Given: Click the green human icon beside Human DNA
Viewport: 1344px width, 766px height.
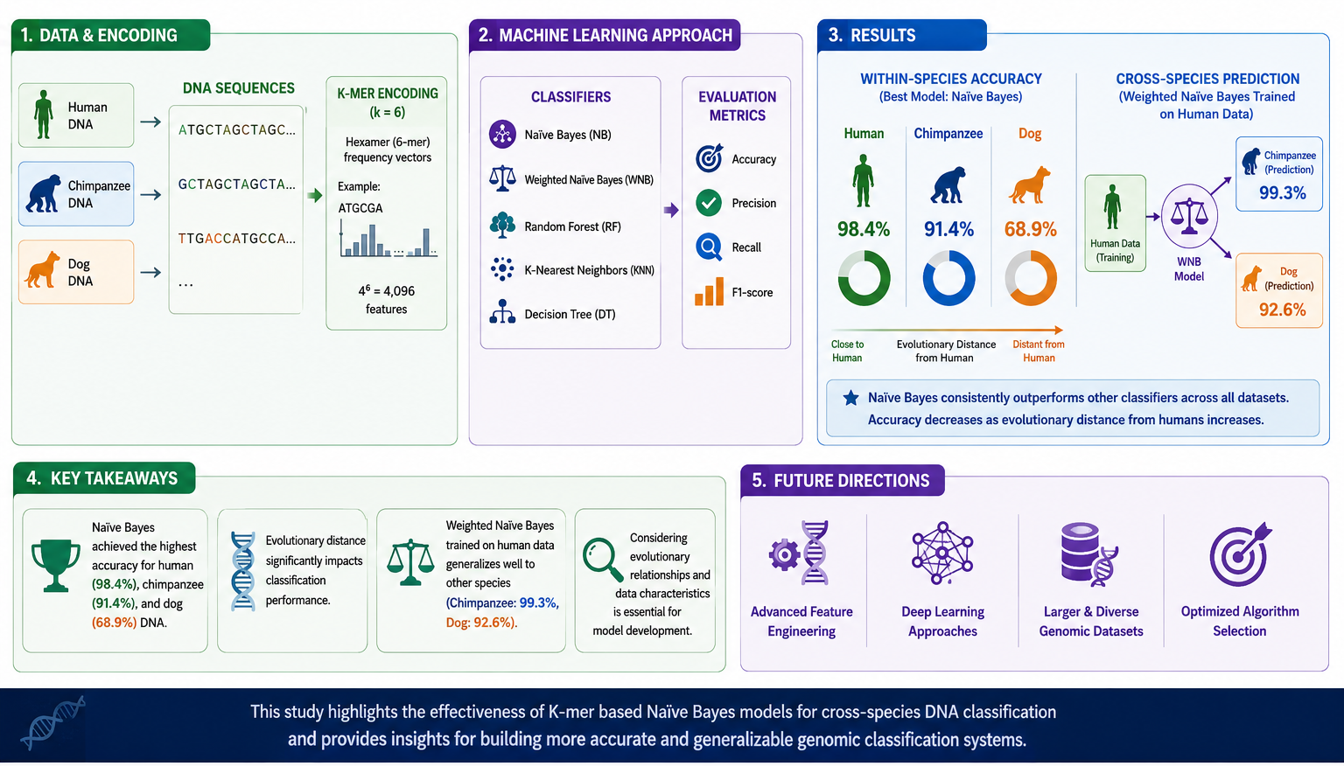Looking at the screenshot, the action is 43,115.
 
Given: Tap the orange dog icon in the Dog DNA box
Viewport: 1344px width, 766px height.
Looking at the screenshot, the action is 42,270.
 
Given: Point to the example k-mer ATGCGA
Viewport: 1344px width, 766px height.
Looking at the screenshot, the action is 360,208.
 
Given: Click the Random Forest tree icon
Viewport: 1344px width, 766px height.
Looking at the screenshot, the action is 502,226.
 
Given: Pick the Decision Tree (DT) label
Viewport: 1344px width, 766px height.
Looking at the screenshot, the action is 570,314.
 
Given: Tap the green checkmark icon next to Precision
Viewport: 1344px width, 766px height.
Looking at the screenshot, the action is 709,203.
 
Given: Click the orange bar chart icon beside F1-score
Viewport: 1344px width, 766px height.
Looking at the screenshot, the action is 710,292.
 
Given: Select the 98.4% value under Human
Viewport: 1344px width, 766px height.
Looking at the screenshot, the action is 864,229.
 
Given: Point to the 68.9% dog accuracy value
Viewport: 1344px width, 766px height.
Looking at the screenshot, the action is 1030,229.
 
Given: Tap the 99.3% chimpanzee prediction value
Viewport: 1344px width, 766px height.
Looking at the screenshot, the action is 1282,193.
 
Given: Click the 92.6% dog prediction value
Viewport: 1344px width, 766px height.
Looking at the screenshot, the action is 1282,310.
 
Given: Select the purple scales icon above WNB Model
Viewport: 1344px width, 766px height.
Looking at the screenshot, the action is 1188,216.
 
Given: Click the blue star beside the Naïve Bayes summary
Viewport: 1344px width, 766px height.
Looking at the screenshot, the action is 850,398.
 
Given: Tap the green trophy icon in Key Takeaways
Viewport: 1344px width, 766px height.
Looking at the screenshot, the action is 55,565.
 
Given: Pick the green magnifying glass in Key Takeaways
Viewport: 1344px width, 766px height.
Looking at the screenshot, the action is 603,560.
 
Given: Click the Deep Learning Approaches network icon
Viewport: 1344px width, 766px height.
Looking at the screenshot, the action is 942,553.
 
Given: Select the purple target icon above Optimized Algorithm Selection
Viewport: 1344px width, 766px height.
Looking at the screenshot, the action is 1240,554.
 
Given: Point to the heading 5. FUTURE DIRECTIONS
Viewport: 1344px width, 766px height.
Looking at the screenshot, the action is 840,481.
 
